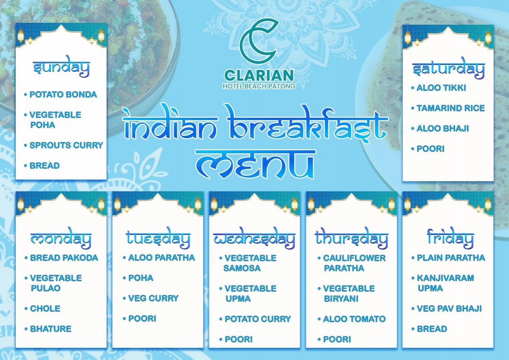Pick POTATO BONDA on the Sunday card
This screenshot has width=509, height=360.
point(63,95)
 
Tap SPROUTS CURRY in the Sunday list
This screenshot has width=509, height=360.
point(66,146)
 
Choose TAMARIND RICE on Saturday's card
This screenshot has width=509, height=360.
point(450,108)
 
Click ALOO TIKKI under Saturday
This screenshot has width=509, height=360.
point(441,88)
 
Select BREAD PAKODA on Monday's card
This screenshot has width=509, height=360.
point(64,258)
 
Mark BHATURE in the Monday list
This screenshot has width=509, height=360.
point(50,329)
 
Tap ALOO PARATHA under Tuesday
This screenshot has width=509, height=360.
point(161,258)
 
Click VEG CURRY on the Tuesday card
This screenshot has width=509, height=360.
point(153,298)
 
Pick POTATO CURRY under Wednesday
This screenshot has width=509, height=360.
point(257,319)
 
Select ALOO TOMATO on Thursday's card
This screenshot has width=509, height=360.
point(354,319)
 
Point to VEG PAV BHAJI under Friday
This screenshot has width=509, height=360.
point(449,309)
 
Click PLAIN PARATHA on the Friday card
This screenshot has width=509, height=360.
point(450,258)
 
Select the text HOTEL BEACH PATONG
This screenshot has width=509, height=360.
point(259,86)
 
